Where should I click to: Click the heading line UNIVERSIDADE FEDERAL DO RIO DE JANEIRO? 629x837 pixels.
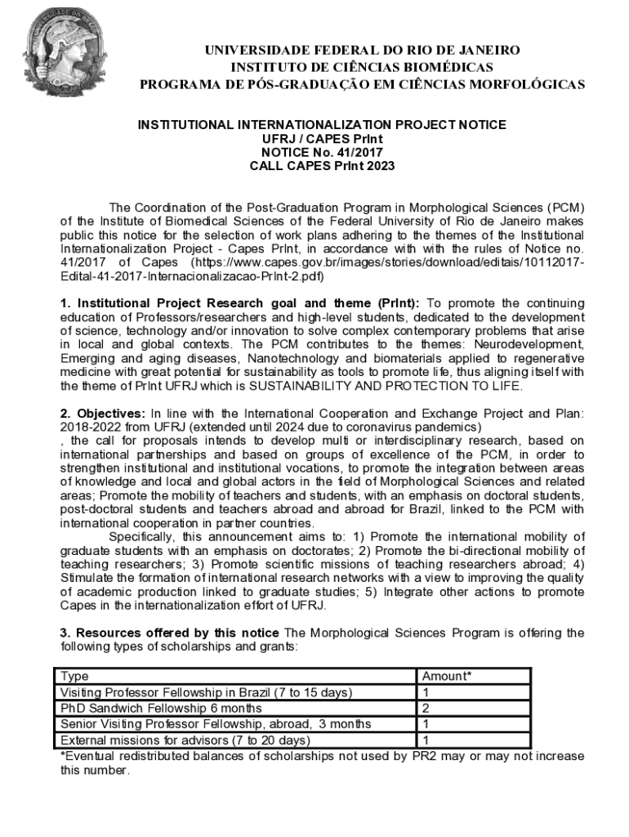(x=362, y=51)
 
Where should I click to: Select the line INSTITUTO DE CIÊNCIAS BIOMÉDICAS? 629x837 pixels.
(x=362, y=67)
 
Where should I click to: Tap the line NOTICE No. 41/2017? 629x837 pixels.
(x=321, y=152)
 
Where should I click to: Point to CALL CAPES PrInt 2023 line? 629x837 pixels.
(x=321, y=166)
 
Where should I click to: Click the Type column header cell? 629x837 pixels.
(x=75, y=677)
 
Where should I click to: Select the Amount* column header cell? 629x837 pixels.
(x=445, y=677)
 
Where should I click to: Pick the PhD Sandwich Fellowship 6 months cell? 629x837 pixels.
(x=162, y=708)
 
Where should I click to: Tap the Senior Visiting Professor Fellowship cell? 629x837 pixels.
(x=216, y=724)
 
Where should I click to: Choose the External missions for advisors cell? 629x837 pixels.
(x=185, y=741)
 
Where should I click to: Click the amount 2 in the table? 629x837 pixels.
(x=426, y=708)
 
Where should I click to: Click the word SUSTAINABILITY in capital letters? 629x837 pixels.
(x=306, y=386)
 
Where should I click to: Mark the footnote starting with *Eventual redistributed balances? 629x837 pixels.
(x=322, y=763)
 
